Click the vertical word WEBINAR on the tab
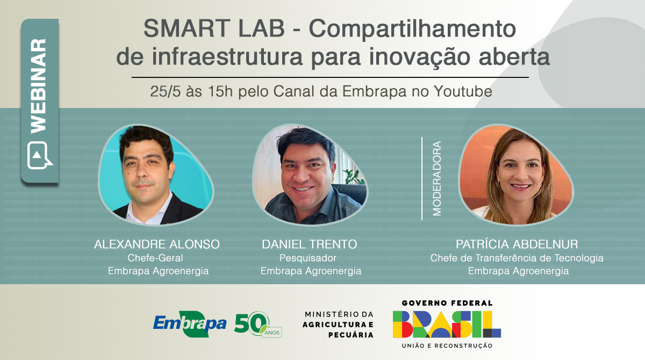click(x=38, y=86)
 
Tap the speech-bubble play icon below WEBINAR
click(x=39, y=155)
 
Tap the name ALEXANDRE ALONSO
click(x=157, y=244)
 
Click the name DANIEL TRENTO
click(x=310, y=244)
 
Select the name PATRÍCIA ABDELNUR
click(x=517, y=244)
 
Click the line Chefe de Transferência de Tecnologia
click(x=517, y=258)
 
